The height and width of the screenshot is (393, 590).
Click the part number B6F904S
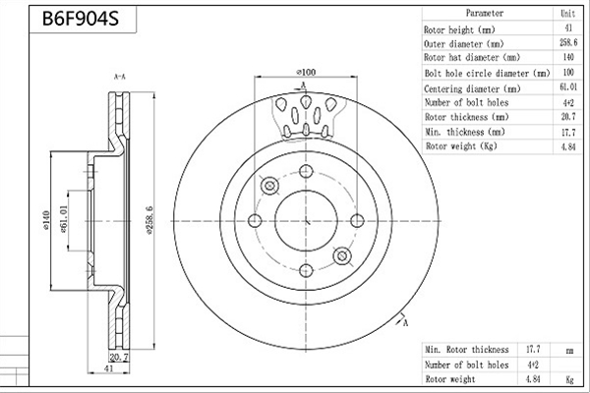tap(81, 19)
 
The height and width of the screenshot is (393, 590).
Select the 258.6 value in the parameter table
tap(568, 42)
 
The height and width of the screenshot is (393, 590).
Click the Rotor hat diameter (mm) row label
tap(472, 58)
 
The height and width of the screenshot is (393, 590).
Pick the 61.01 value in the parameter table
tap(568, 86)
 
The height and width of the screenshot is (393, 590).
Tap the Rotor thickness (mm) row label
tap(466, 117)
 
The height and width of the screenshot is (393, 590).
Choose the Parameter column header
tap(485, 13)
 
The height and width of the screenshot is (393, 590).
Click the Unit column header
tap(567, 14)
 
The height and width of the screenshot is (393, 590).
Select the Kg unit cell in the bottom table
tap(569, 380)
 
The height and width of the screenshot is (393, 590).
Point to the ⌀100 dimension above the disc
tap(306, 72)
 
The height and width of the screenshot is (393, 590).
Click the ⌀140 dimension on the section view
tap(46, 220)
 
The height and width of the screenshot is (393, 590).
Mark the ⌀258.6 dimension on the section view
tap(149, 220)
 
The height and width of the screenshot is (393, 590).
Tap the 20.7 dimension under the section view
tap(119, 357)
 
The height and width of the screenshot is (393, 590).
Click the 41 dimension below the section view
tap(108, 369)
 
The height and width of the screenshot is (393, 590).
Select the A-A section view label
tap(120, 77)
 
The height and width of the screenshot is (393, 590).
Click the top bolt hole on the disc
tap(306, 171)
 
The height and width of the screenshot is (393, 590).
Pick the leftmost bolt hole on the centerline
tap(255, 221)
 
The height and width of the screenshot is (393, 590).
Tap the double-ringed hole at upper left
tap(269, 186)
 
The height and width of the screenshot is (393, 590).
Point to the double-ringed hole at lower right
tap(342, 256)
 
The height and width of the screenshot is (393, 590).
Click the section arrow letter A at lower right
tap(405, 323)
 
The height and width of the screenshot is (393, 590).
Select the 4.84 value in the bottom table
tap(533, 379)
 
